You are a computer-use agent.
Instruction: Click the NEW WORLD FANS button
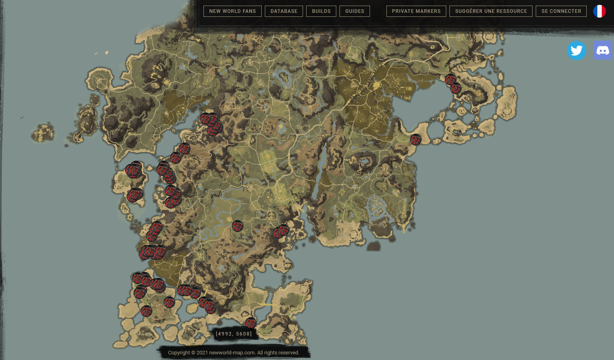[232, 11]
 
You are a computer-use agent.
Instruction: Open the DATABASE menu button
[284, 11]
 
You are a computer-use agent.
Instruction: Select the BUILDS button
[321, 11]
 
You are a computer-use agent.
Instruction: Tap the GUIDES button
[355, 11]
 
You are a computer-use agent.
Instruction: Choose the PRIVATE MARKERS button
[416, 11]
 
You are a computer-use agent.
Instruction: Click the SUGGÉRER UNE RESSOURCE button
[491, 11]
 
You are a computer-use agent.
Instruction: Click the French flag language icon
[599, 11]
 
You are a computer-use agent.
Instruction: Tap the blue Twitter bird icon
[577, 51]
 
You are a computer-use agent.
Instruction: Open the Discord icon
[603, 51]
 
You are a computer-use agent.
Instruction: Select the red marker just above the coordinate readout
[250, 323]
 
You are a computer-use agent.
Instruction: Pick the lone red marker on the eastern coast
[415, 140]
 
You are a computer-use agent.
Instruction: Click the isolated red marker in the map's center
[238, 226]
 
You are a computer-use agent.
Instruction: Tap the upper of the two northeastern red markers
[451, 79]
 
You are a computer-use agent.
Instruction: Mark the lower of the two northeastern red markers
[456, 88]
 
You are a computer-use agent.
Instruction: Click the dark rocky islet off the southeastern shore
[374, 246]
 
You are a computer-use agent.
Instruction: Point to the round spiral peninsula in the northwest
[98, 80]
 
